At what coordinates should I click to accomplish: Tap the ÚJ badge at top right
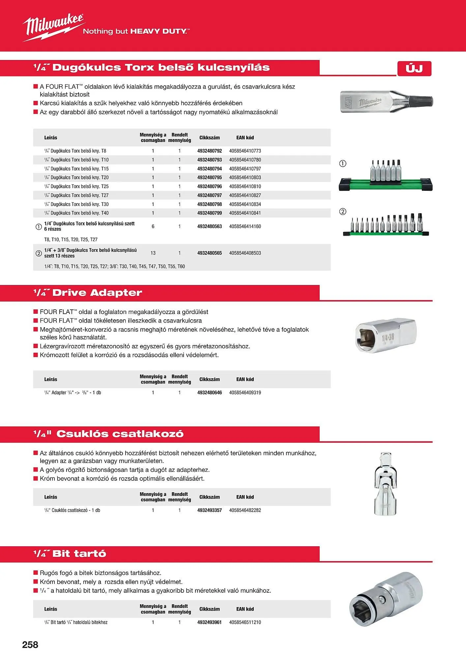click(414, 69)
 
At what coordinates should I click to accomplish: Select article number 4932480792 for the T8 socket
click(209, 151)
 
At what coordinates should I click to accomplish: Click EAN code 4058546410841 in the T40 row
click(245, 213)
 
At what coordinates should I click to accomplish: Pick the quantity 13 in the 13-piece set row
click(153, 253)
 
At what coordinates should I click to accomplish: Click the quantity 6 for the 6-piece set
click(153, 226)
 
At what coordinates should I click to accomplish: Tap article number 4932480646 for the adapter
click(209, 393)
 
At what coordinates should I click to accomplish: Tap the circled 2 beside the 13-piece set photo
click(343, 212)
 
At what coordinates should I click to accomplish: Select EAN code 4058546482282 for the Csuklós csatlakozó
click(245, 510)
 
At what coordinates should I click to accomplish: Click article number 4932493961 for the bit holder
click(209, 622)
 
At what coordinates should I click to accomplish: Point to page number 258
click(30, 645)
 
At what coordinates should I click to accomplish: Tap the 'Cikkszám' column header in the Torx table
click(209, 138)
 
